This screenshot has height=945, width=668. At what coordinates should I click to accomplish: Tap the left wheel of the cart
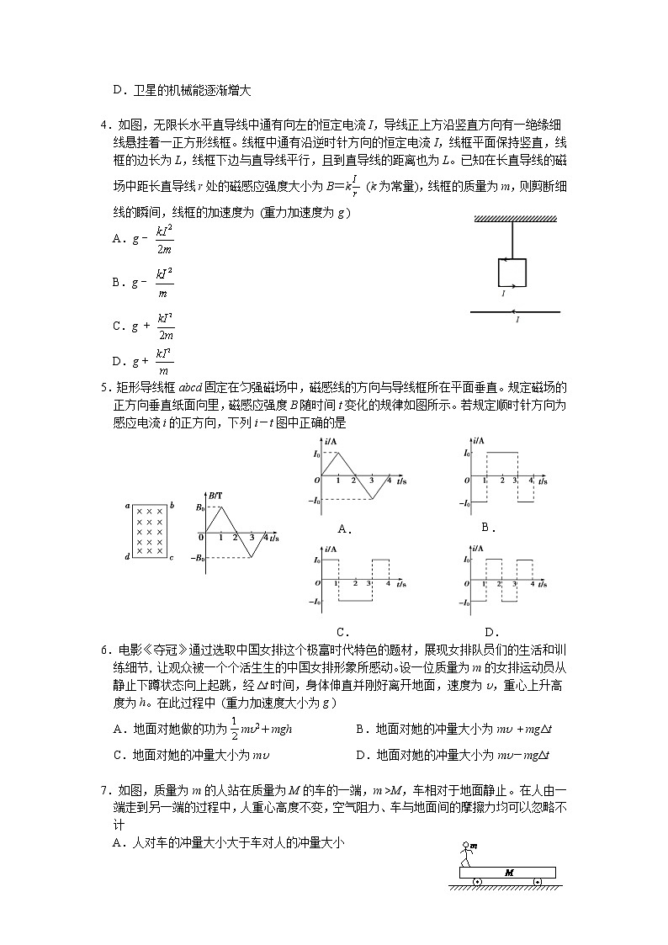coord(477,882)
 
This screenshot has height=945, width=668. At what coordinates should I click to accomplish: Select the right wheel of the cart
coord(538,882)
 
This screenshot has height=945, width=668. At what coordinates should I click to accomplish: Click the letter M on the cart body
coord(508,873)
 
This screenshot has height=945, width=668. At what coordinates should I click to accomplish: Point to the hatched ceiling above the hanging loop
coord(516,220)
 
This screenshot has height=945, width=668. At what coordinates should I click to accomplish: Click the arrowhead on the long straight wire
coord(515,311)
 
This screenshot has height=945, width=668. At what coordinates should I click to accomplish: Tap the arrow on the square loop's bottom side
coord(502,286)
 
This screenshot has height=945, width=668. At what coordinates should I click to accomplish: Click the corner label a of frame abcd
coord(126,506)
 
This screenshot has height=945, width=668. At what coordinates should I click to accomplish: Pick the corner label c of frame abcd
coord(171,557)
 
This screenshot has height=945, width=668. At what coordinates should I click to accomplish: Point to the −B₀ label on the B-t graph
coord(198,558)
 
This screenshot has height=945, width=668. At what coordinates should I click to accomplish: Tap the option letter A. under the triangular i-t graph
coord(343,528)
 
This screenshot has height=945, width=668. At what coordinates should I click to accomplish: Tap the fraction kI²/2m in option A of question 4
coord(165,239)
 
